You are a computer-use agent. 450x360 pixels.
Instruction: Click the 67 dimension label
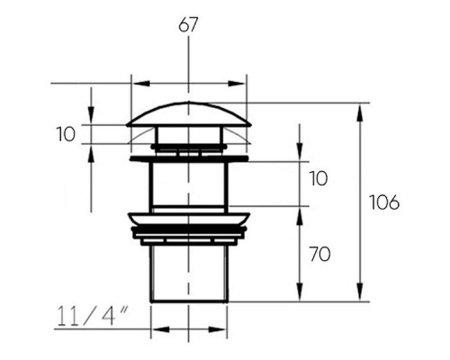188,25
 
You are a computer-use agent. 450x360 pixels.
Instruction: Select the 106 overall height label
384,202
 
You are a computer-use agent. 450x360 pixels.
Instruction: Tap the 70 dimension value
319,254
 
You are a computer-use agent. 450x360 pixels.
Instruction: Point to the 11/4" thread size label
93,316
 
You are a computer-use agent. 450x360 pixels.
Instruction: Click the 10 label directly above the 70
318,178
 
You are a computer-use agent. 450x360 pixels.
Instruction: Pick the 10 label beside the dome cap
66,134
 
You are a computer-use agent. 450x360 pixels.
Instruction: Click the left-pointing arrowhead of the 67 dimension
141,84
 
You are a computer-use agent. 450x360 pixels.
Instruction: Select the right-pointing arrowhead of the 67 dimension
237,84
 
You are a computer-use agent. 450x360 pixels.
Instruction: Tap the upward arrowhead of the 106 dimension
360,112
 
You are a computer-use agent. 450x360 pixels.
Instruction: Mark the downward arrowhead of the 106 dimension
360,291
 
